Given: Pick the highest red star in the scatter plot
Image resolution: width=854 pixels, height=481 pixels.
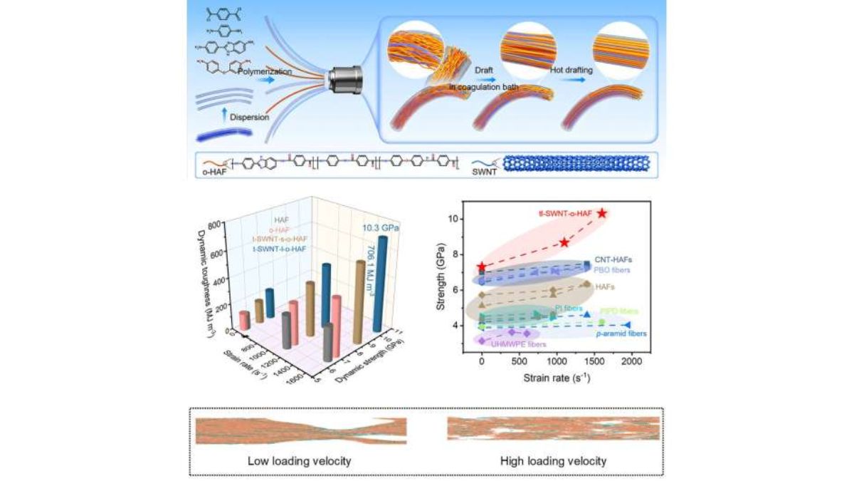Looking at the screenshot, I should coord(602,213).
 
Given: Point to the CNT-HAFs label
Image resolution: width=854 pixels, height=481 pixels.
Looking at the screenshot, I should coord(613,261).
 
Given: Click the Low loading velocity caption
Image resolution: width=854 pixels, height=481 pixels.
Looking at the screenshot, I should coord(299,460).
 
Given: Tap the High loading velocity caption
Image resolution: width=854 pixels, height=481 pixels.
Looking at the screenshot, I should coord(553,460).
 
